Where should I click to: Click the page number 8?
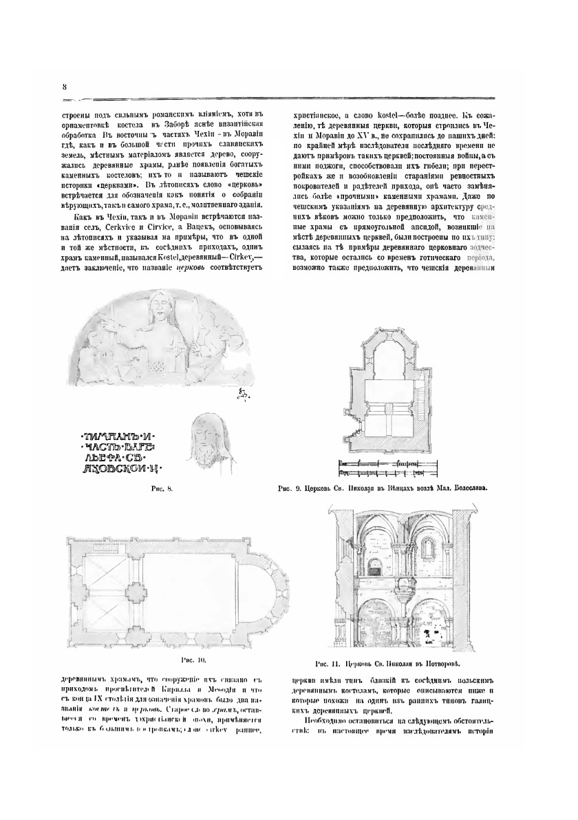pos(63,86)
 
